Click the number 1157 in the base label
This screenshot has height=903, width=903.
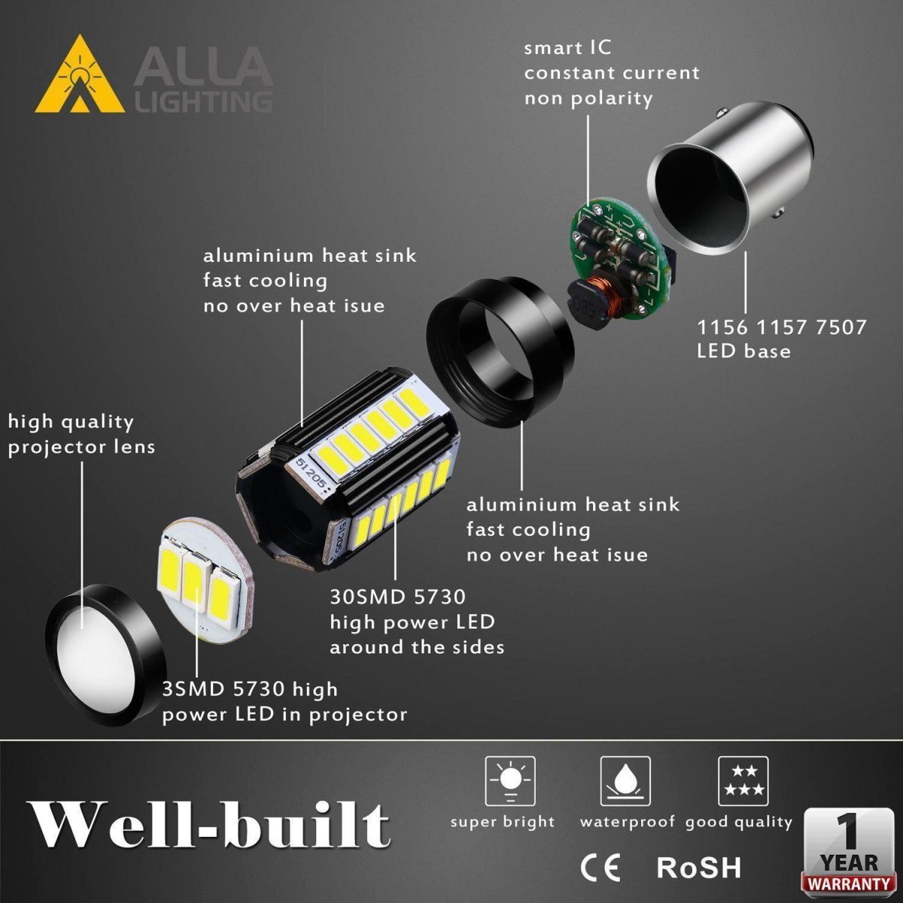pos(783,327)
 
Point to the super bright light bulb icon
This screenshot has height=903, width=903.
pos(509,781)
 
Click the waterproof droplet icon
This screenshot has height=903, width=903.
pos(625,781)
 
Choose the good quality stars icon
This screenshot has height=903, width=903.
pos(743,781)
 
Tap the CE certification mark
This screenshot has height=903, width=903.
pos(600,868)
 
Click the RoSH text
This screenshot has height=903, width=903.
pos(699,867)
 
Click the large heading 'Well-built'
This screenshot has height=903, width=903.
pos(208,826)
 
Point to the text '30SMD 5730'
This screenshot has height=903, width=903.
pos(397,597)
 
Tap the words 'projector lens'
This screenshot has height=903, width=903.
pos(81,447)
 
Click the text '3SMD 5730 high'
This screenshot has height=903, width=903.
pos(250,689)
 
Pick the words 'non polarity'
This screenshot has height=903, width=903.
pos(588,99)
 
